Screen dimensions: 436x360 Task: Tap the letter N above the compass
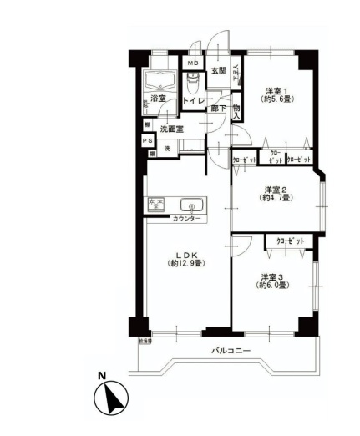pos(102,375)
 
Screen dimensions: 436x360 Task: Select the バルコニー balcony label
pos(230,352)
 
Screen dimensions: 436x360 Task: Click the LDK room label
pos(185,255)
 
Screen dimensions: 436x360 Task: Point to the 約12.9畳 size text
pos(185,264)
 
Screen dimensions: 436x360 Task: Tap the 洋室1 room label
pos(276,90)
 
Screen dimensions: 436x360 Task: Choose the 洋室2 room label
pos(276,189)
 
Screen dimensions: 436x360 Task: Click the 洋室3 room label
pos(273,276)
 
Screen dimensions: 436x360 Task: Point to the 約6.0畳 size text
pos(273,286)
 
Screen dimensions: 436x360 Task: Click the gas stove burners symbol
pos(158,204)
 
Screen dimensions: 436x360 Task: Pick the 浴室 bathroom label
pos(158,99)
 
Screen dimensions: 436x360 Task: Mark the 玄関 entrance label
pos(218,71)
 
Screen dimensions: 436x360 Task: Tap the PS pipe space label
pos(147,141)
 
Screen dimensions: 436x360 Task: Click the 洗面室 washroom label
pos(171,129)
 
